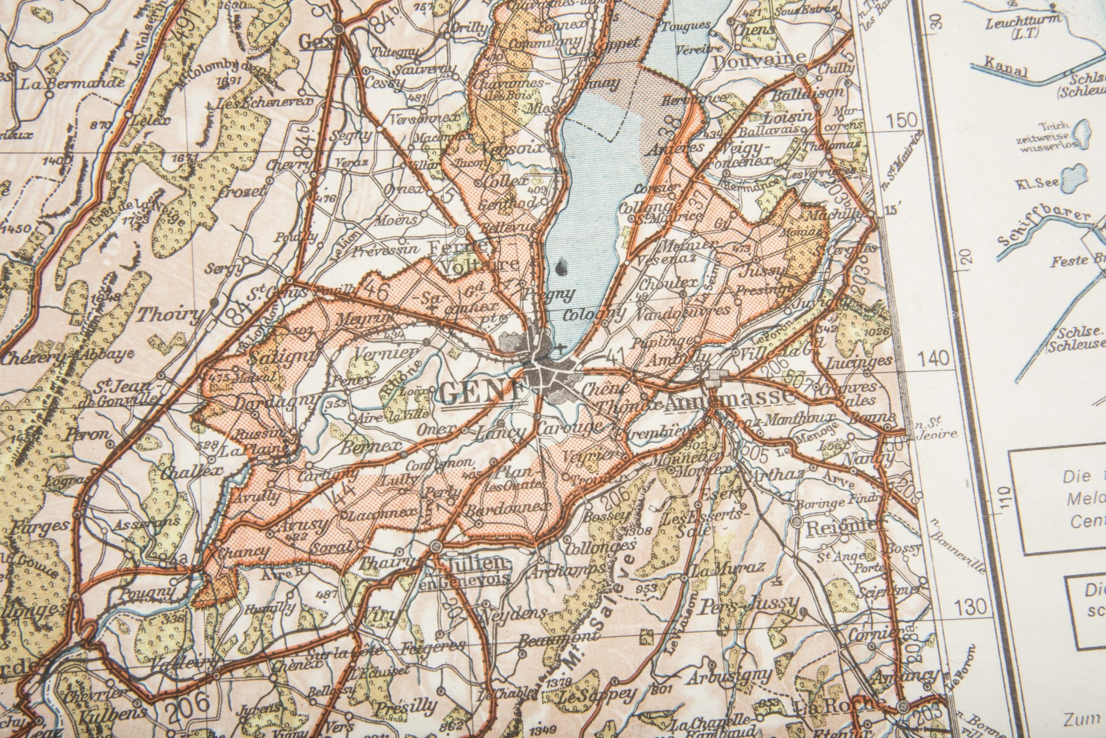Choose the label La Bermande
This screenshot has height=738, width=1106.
tap(73, 84)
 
